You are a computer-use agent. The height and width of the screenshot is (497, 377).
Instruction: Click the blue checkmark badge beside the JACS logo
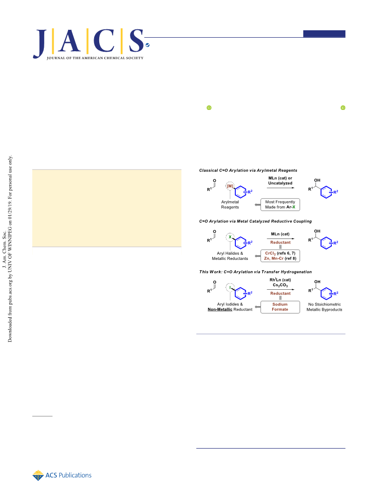[147, 45]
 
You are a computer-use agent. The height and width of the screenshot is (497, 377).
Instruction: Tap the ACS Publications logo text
[69, 475]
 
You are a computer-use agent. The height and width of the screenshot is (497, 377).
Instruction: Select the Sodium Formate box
[280, 307]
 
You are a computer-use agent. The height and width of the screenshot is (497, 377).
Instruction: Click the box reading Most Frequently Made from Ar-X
[280, 204]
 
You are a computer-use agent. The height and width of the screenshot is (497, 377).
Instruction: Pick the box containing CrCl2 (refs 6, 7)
[280, 256]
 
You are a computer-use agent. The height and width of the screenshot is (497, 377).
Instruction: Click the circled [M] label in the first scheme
[230, 186]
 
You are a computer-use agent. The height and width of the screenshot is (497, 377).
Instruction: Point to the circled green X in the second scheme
[230, 237]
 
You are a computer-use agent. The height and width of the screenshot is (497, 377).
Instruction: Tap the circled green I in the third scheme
[230, 287]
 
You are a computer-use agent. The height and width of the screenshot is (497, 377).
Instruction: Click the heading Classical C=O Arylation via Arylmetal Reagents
[248, 170]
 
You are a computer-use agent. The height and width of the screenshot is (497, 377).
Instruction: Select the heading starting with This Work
[255, 272]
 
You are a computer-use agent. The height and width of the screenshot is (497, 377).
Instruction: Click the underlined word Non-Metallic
[220, 309]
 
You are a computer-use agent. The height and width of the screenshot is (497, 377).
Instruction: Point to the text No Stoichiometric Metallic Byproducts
[324, 307]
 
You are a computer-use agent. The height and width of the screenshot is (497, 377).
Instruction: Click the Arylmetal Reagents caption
[230, 204]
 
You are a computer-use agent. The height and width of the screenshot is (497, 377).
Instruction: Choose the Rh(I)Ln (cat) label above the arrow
[280, 280]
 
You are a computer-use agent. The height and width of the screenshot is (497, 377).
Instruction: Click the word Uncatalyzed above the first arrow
[280, 183]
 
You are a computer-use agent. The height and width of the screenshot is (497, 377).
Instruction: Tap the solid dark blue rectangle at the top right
[324, 34]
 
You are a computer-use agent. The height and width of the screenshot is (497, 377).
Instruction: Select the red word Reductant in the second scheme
[280, 243]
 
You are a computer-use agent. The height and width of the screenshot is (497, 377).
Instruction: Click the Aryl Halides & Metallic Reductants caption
[230, 256]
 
